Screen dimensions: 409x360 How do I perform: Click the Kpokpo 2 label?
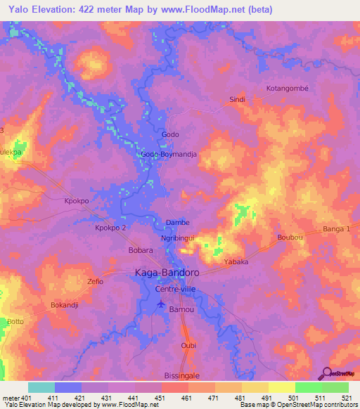tap(110, 228)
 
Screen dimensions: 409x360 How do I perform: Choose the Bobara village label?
tap(121, 249)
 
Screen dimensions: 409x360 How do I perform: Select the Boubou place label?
tap(290, 238)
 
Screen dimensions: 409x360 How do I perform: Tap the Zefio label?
tap(95, 281)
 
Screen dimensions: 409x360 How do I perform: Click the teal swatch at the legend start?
tap(41, 387)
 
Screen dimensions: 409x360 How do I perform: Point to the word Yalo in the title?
tap(15, 10)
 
